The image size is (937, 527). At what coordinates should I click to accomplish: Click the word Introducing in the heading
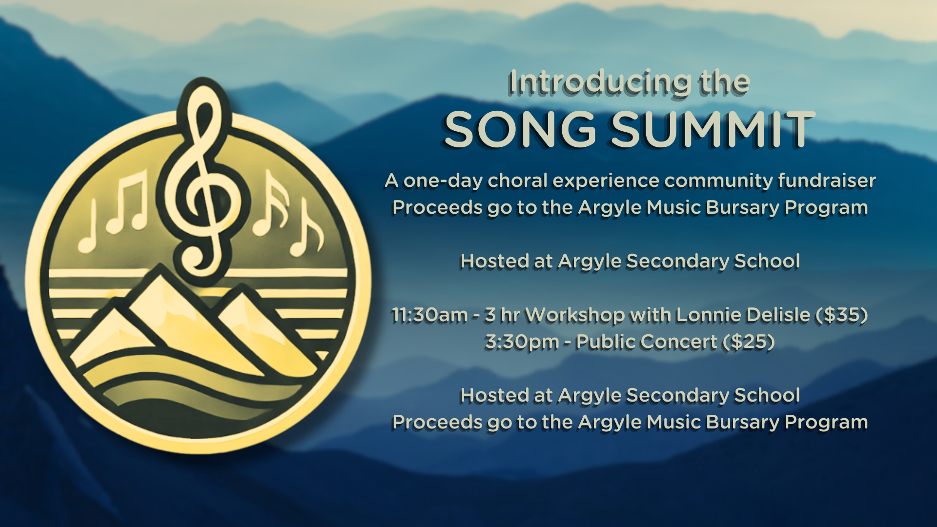point(599,82)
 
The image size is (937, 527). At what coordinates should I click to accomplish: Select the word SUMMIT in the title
point(712,129)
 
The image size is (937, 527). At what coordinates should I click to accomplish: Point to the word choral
point(518,181)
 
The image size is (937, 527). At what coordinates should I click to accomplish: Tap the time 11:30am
point(429,315)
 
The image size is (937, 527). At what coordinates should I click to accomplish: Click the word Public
point(605,342)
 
